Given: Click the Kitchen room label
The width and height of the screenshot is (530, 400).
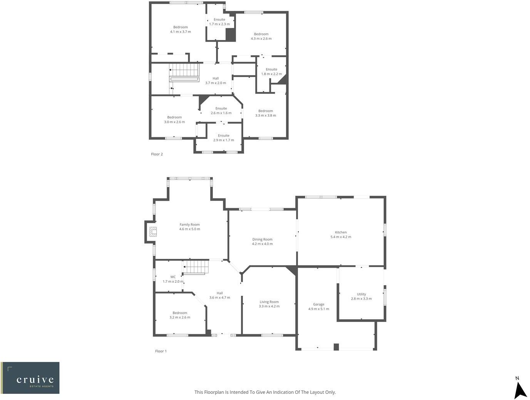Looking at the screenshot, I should tap(341, 232).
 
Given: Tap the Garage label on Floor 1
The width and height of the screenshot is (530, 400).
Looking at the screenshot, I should tap(318, 304).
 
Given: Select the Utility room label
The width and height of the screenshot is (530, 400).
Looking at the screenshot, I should tap(361, 294).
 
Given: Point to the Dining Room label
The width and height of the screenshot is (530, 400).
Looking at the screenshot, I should tap(262, 239).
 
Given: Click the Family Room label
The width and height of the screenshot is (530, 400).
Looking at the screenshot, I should tap(189, 225).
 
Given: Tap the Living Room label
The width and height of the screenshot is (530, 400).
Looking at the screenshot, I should tap(269, 302).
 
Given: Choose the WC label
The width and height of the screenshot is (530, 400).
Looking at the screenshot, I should tap(173, 277).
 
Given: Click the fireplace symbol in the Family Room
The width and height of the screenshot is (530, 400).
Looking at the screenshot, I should tap(153, 232).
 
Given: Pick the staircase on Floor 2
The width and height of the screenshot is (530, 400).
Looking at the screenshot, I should tap(184, 72).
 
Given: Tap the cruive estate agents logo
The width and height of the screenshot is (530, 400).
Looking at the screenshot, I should tap(30, 378).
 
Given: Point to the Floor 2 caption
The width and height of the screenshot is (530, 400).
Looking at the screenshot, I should tap(157, 154).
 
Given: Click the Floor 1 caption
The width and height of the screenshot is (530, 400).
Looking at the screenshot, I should tap(161, 351).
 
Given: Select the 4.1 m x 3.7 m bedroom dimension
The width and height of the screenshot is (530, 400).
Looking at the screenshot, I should tap(181, 32).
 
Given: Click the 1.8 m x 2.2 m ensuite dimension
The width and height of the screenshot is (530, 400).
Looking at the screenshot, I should tap(271, 74).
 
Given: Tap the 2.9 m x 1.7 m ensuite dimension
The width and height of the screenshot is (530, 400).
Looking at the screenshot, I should tap(224, 140).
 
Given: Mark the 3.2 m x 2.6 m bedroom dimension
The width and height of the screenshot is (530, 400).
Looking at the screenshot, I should tap(180, 318).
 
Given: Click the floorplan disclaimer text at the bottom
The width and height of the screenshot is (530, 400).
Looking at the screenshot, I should tap(265, 392).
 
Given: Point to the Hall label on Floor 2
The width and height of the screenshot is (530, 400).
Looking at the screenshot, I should tap(216, 78).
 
